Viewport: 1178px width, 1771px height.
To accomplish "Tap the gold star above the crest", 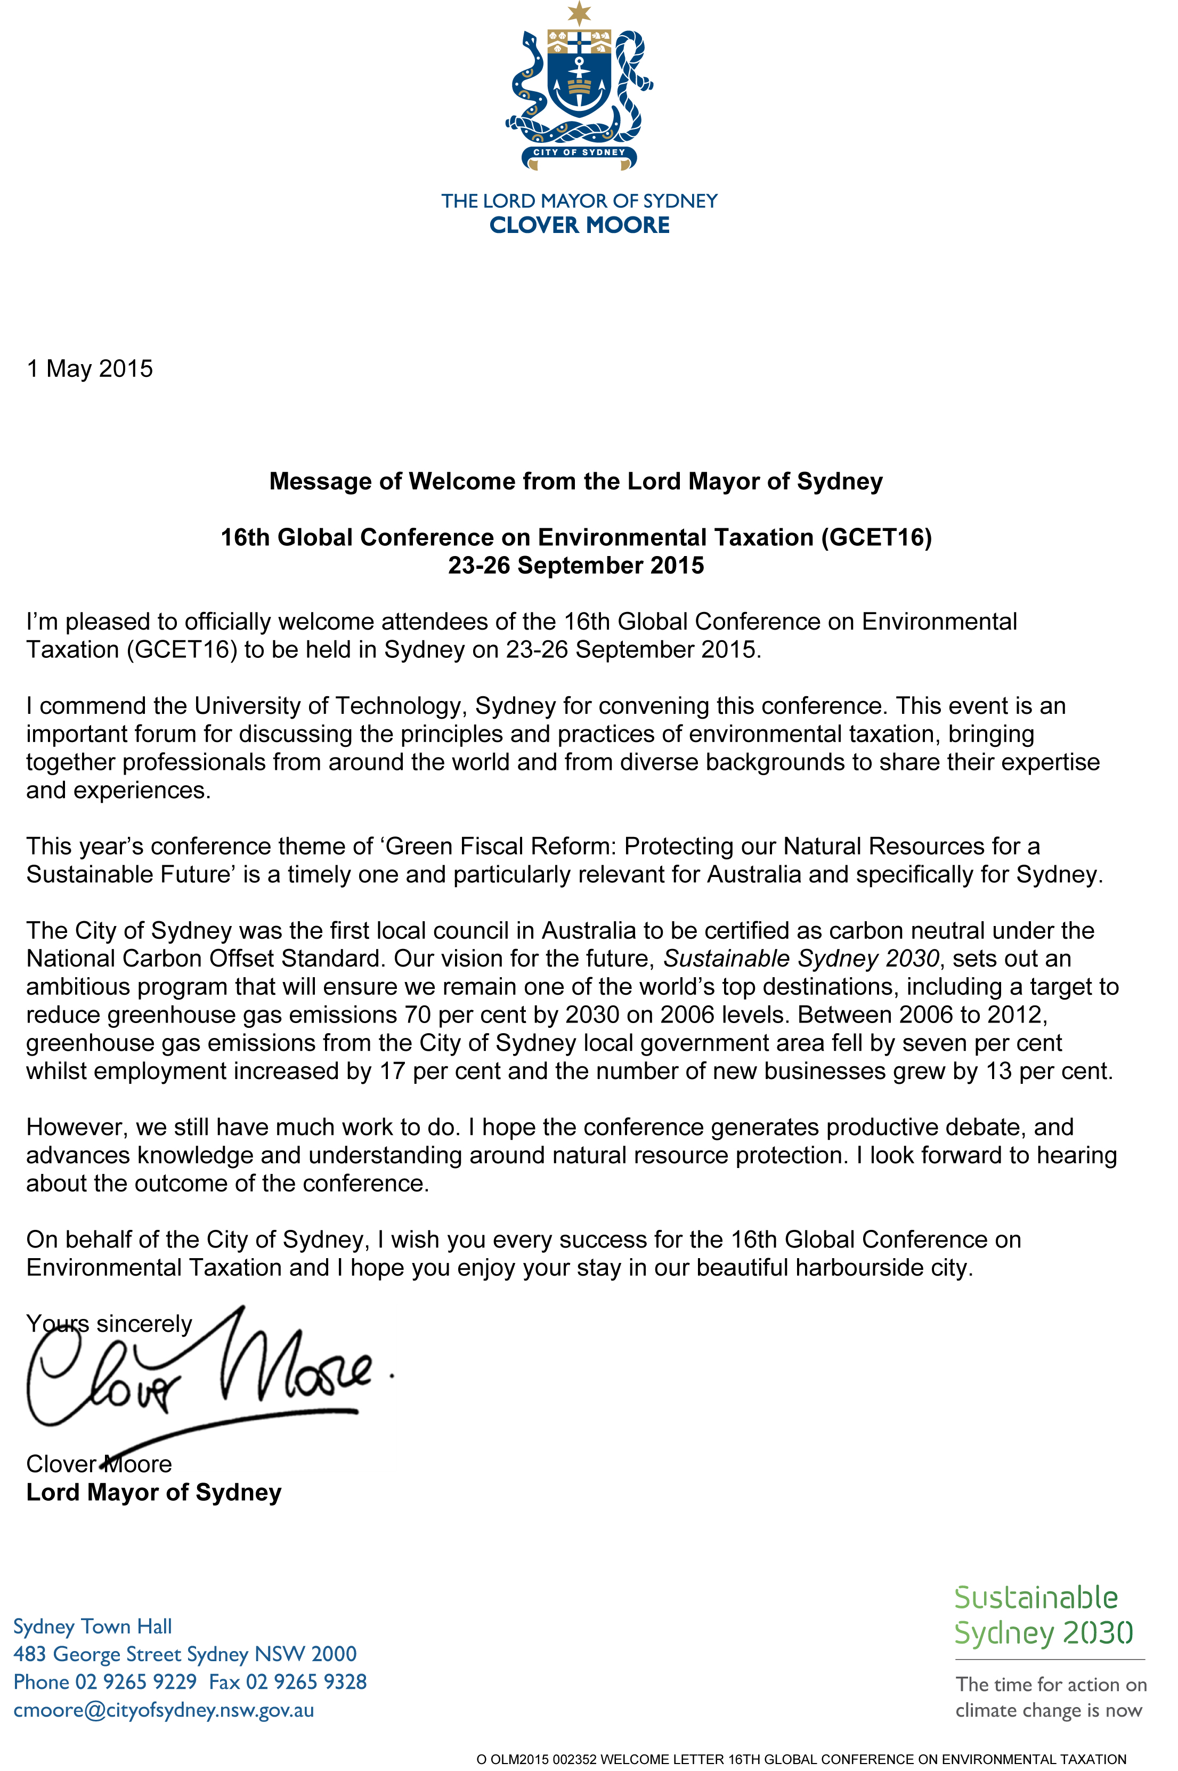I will point(579,12).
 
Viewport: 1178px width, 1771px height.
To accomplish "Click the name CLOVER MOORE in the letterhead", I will point(579,225).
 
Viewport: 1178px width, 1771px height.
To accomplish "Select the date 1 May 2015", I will point(90,368).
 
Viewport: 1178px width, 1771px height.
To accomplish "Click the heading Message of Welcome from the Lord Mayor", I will point(575,481).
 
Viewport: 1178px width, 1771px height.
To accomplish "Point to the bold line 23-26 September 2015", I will point(575,565).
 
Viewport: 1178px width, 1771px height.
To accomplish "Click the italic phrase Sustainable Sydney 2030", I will point(801,959).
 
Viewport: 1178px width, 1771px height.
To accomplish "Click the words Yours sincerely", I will point(109,1323).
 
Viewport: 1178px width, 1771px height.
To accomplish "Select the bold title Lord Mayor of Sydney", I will point(154,1492).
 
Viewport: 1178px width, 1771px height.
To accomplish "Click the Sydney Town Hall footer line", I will point(92,1627).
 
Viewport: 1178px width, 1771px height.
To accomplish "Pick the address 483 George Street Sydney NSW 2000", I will point(185,1654).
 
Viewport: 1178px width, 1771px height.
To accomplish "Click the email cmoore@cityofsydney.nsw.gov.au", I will point(164,1710).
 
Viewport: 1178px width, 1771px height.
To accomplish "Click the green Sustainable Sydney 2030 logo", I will point(1044,1616).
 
